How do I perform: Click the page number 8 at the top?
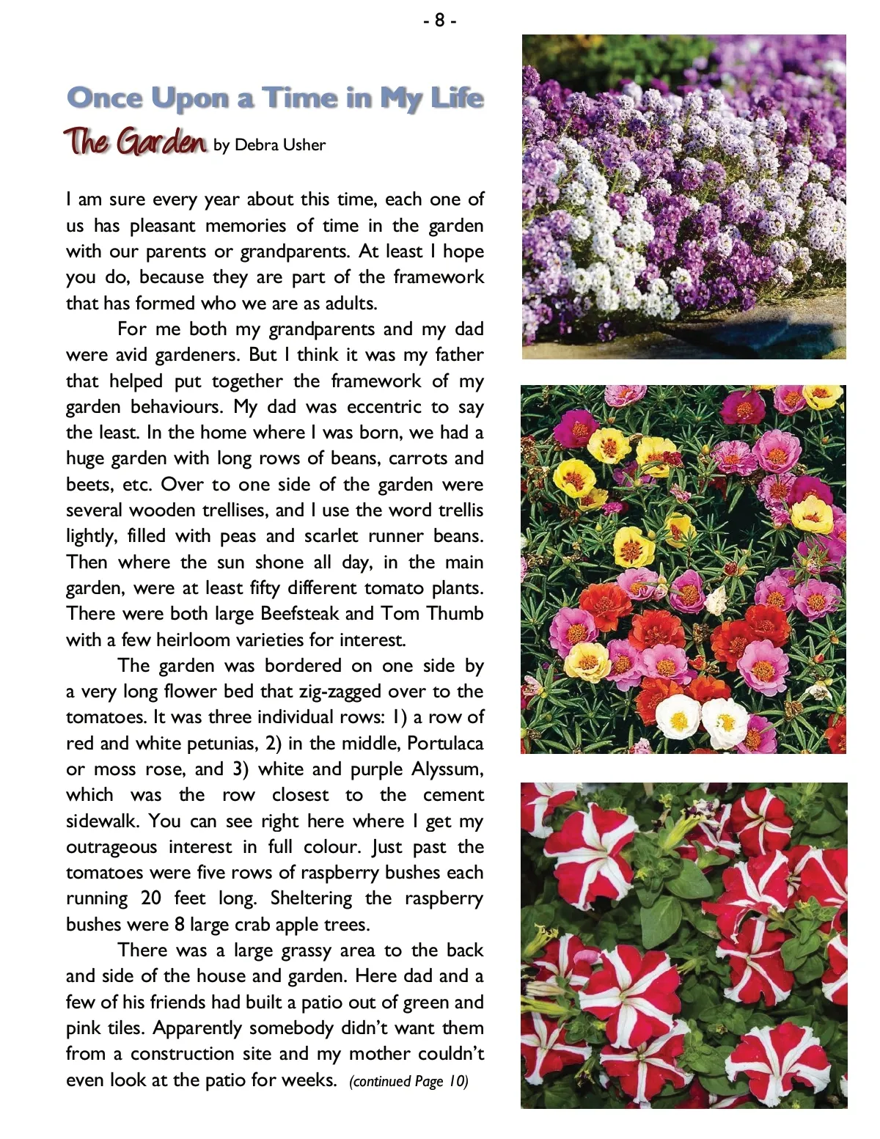(x=439, y=21)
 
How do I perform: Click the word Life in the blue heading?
(x=456, y=99)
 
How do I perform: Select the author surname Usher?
(x=306, y=145)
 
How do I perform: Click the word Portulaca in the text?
(x=445, y=744)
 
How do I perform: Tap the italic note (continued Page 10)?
(x=408, y=1082)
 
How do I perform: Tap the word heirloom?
(x=194, y=640)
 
